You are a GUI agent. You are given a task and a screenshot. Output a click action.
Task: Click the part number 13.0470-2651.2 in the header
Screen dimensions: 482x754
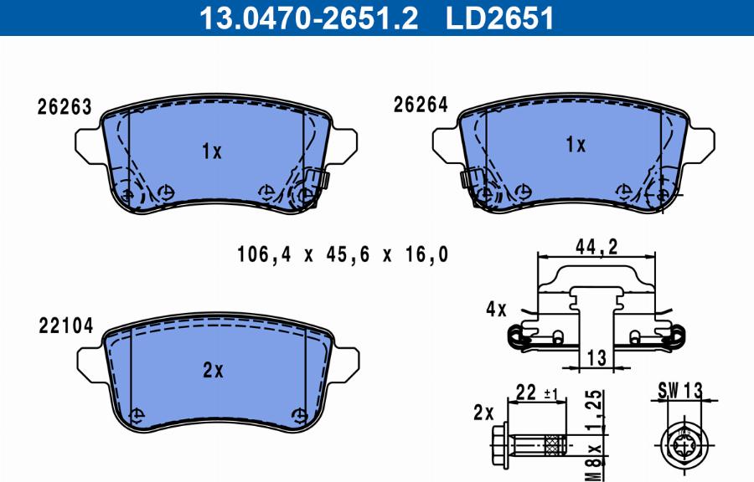point(307,17)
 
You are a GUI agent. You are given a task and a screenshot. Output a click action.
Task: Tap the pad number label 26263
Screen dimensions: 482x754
point(65,107)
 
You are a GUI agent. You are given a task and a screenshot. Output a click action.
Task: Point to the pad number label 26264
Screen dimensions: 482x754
point(421,105)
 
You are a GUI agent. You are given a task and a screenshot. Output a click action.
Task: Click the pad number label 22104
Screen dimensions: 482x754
point(65,326)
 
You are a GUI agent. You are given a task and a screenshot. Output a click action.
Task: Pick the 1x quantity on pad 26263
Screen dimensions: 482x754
point(211,151)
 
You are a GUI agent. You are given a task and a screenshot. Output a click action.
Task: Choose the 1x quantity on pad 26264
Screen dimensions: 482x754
point(575,145)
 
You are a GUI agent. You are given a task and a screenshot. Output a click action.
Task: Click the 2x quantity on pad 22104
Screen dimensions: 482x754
point(213,371)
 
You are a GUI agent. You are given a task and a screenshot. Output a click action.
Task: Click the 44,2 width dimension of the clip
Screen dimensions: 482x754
point(596,246)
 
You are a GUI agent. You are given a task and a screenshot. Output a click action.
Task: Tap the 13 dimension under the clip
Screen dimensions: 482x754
point(596,358)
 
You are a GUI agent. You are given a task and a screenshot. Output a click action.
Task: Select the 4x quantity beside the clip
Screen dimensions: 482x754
point(496,310)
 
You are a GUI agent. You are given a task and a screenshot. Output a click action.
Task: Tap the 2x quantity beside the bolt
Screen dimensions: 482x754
point(483,411)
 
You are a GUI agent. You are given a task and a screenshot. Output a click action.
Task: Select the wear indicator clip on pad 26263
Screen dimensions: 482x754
point(317,180)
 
